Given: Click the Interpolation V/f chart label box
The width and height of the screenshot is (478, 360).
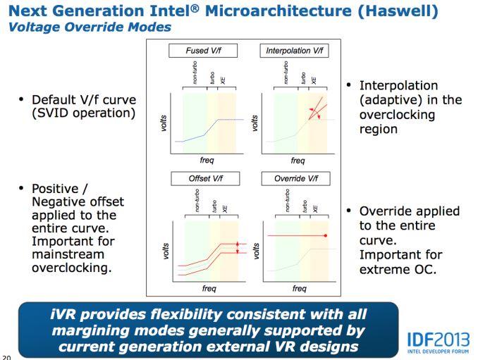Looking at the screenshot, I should (x=297, y=51).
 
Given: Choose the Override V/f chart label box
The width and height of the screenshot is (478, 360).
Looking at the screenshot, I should (x=297, y=179).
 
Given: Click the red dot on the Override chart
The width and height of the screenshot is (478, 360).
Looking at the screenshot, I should (x=326, y=235).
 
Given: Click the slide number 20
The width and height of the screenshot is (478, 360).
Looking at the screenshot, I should (x=6, y=356).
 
